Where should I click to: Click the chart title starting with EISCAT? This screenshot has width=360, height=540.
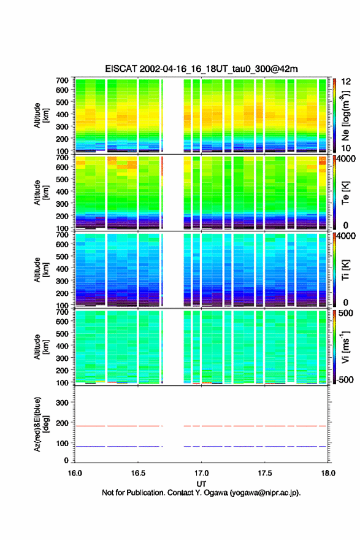(x=201, y=69)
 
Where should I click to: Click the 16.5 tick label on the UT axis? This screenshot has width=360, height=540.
(x=138, y=473)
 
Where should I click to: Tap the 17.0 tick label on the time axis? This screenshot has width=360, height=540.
(x=201, y=473)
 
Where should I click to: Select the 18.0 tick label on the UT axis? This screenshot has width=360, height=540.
(x=328, y=473)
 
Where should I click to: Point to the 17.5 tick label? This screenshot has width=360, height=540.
(x=265, y=473)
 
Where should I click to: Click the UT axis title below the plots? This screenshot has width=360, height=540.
(x=201, y=484)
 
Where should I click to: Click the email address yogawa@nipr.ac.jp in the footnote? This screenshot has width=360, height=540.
(x=265, y=493)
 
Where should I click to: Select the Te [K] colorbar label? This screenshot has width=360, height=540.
(x=345, y=193)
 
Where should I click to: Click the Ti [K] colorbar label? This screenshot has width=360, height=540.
(x=345, y=269)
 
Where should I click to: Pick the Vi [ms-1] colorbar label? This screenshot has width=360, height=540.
(x=345, y=347)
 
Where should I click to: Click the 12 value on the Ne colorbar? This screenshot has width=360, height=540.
(x=347, y=81)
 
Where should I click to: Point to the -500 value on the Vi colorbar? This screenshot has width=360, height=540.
(x=343, y=380)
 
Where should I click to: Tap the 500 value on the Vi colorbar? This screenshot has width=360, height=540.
(x=345, y=313)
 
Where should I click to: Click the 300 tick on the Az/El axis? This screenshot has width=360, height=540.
(x=62, y=403)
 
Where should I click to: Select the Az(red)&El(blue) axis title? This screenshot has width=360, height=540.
(x=41, y=424)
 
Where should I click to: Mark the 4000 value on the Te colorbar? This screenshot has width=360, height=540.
(x=346, y=159)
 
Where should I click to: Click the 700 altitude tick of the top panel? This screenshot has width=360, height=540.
(x=62, y=80)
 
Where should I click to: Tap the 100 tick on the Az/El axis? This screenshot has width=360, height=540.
(x=62, y=443)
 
